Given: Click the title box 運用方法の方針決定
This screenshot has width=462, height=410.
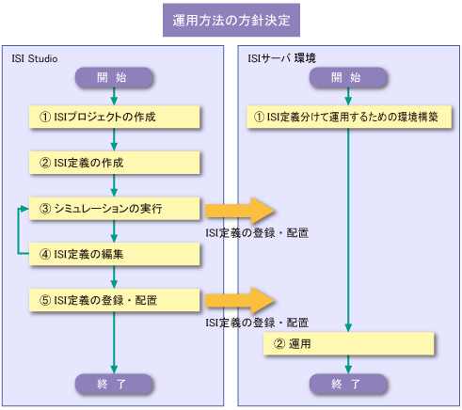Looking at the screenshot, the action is click(x=231, y=20).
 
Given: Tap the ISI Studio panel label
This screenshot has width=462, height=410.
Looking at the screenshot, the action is click(x=35, y=58).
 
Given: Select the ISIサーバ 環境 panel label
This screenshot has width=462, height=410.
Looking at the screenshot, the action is click(x=281, y=58).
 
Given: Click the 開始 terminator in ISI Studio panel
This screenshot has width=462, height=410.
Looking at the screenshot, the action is click(x=114, y=77).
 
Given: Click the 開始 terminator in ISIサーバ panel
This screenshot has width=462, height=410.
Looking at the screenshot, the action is click(x=348, y=77).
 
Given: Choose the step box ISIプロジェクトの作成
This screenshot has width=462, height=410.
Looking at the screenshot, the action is click(x=115, y=117).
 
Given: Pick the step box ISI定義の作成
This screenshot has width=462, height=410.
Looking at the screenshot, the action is click(x=115, y=163).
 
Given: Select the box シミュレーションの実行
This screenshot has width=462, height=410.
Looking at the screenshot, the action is click(x=115, y=209).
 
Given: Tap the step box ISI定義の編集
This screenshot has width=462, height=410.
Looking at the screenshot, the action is click(x=115, y=254).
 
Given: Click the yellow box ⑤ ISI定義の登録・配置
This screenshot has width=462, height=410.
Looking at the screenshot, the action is click(x=115, y=300).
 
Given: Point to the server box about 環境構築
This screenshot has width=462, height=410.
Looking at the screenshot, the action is click(x=349, y=117).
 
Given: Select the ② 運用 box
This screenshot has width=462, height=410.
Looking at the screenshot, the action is click(x=349, y=344).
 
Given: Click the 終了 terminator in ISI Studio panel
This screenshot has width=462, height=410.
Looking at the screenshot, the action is click(x=114, y=384).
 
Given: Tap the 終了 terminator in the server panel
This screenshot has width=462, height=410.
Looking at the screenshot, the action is click(x=348, y=384).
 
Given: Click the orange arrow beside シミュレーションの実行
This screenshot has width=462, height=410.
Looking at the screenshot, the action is click(x=240, y=211).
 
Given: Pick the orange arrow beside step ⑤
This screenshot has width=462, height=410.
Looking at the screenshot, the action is click(x=240, y=301).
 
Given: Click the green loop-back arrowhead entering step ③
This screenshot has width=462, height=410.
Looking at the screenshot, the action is click(x=24, y=209).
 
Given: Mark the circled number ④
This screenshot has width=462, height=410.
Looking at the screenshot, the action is click(x=45, y=254).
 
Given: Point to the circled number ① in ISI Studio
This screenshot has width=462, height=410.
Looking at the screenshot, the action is click(x=45, y=117).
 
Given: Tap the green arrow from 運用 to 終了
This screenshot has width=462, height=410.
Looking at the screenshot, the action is click(x=348, y=365).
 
